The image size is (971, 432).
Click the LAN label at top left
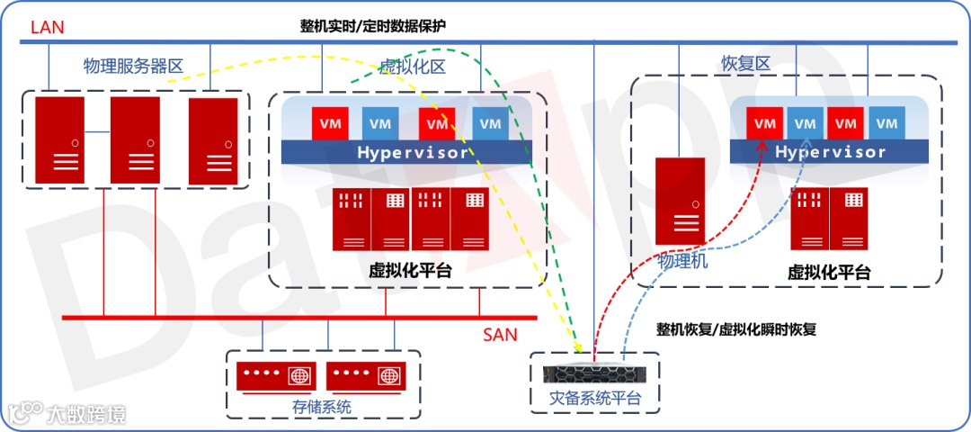point(48,27)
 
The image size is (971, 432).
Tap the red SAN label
point(500,335)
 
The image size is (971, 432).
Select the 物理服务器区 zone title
point(133,66)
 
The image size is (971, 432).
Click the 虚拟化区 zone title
point(413,67)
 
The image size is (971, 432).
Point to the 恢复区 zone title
point(746,64)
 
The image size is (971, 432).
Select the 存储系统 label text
point(322,407)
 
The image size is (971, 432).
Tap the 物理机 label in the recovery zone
point(683,261)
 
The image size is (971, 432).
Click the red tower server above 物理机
point(680,201)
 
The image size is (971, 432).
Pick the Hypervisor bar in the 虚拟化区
point(413,152)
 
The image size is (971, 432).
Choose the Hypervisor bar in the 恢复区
point(829,152)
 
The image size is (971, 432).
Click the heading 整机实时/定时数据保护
point(372,26)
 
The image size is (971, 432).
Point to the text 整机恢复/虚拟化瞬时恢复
point(736,328)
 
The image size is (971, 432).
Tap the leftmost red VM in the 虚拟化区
point(329,123)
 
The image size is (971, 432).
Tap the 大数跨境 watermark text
point(86,414)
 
